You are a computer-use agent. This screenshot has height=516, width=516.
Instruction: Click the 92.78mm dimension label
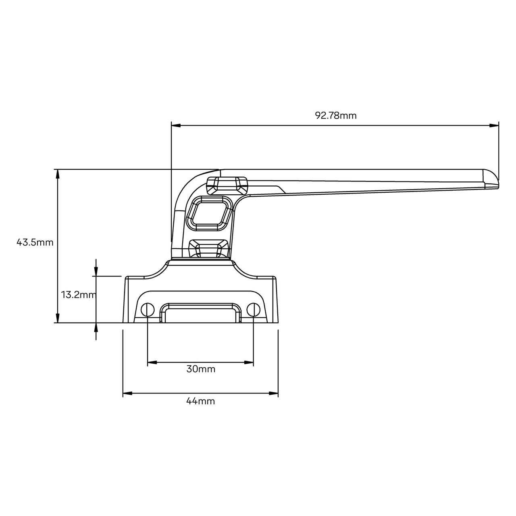pyautogui.click(x=335, y=116)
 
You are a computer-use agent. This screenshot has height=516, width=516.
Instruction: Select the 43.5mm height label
pyautogui.click(x=35, y=242)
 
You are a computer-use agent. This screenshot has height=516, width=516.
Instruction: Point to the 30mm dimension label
pyautogui.click(x=201, y=369)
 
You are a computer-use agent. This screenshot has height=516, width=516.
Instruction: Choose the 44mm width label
pyautogui.click(x=200, y=401)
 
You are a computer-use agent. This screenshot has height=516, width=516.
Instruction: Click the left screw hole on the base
pyautogui.click(x=148, y=310)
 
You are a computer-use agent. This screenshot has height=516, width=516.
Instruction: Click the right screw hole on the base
pyautogui.click(x=253, y=310)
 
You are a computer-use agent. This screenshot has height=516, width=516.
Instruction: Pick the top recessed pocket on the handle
pyautogui.click(x=227, y=184)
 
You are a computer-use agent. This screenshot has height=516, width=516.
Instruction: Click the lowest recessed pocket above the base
pyautogui.click(x=209, y=248)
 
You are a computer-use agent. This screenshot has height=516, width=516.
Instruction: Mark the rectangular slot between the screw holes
pyautogui.click(x=200, y=314)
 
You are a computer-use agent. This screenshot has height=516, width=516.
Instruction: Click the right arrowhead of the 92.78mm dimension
pyautogui.click(x=494, y=125)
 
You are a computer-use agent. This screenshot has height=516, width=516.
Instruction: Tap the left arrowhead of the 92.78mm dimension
pyautogui.click(x=176, y=125)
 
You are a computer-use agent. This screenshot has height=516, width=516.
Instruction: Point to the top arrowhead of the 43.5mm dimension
pyautogui.click(x=58, y=174)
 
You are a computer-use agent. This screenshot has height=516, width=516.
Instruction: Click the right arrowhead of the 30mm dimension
pyautogui.click(x=250, y=363)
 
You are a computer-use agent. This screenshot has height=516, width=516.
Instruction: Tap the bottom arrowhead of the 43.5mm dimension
pyautogui.click(x=58, y=318)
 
